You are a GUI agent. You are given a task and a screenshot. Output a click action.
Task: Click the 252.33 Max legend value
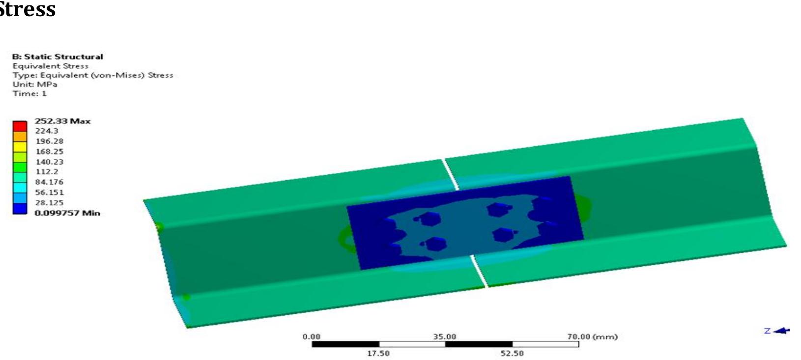click(x=62, y=121)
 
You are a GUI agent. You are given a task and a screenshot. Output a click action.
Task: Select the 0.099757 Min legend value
click(x=67, y=213)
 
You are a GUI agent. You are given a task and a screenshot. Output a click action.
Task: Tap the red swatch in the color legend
click(x=20, y=126)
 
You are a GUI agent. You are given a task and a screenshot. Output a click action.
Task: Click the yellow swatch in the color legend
click(x=20, y=146)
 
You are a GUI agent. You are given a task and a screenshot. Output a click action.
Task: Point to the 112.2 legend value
click(x=47, y=171)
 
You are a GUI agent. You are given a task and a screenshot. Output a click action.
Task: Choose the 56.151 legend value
click(x=49, y=192)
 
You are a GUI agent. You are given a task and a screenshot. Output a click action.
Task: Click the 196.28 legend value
click(x=49, y=141)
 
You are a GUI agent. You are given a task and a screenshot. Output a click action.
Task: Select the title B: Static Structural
click(x=57, y=56)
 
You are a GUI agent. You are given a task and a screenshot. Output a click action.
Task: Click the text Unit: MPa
click(x=35, y=84)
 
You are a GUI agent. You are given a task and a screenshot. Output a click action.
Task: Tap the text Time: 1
click(x=29, y=93)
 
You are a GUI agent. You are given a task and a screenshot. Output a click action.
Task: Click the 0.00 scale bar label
click(x=311, y=336)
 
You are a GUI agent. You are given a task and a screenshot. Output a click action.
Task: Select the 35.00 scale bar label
click(x=444, y=336)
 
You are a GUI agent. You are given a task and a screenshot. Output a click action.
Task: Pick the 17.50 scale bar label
click(x=378, y=353)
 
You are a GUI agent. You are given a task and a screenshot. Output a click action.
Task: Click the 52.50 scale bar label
click(x=512, y=353)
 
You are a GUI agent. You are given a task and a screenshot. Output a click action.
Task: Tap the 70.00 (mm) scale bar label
click(x=592, y=336)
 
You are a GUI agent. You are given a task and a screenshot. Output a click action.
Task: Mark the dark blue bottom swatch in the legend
click(x=20, y=208)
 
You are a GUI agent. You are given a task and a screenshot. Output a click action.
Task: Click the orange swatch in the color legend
click(x=20, y=136)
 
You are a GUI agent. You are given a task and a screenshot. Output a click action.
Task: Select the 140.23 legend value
click(x=49, y=162)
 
